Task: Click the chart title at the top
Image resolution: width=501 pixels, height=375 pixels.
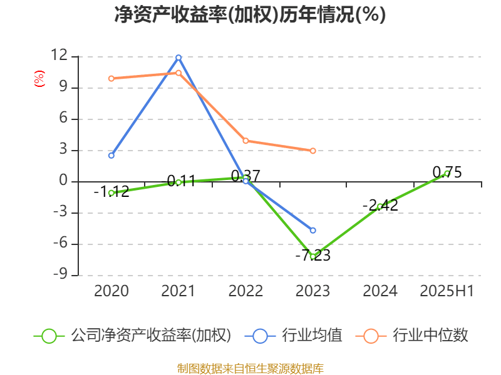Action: tap(250, 15)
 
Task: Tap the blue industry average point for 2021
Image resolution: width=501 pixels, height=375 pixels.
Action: tap(178, 57)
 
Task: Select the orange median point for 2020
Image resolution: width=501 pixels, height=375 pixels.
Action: tap(111, 79)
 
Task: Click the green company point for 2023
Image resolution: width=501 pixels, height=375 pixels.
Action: tap(312, 257)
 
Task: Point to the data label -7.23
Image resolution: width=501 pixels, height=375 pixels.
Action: tap(312, 255)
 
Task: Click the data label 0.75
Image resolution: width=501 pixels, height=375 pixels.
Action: tap(447, 172)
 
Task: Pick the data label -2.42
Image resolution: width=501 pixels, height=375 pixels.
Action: tap(380, 205)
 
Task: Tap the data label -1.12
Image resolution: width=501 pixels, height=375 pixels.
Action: tap(111, 192)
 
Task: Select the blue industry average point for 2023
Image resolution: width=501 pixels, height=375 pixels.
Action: tap(312, 230)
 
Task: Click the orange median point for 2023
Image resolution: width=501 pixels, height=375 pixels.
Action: tap(312, 151)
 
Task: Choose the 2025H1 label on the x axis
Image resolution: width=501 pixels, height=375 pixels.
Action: tap(447, 291)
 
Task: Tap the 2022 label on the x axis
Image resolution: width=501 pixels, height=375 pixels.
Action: tap(245, 291)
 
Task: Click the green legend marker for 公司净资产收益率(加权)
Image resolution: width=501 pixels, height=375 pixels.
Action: tap(49, 336)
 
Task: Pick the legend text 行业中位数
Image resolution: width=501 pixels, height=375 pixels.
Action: tap(430, 336)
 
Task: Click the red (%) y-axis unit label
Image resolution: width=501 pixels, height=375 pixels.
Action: tap(39, 78)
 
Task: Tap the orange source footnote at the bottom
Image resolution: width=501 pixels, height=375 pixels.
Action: tap(250, 368)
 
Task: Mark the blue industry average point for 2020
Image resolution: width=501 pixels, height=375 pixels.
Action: tap(111, 155)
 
